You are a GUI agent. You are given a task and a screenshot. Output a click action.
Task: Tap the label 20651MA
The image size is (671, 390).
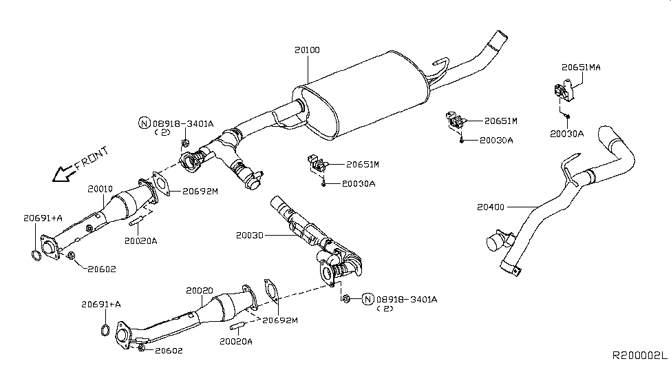(x=581, y=68)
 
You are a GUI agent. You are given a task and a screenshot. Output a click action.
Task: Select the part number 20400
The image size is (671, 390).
(x=491, y=205)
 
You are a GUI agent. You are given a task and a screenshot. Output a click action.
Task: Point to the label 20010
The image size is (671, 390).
(x=100, y=188)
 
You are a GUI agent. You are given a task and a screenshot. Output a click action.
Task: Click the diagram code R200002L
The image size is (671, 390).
(x=639, y=355)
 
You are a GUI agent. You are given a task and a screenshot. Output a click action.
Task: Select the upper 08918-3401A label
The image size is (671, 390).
(x=183, y=123)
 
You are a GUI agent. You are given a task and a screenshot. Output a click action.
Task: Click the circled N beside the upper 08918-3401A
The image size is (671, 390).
(x=144, y=123)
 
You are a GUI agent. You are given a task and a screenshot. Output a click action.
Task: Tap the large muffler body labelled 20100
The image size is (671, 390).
(x=365, y=93)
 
